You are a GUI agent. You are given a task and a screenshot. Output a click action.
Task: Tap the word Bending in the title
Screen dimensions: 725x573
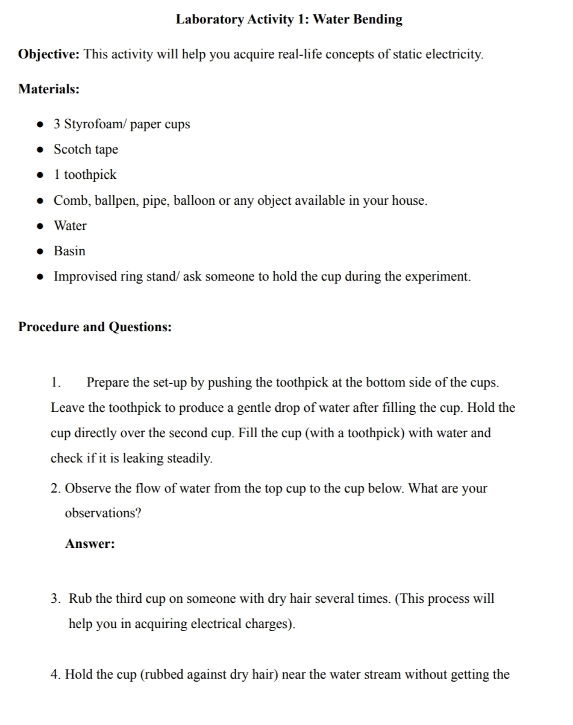click(378, 19)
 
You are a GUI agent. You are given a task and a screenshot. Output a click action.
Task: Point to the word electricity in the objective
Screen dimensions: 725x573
click(453, 55)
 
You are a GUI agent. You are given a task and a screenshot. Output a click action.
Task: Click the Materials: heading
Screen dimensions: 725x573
click(49, 89)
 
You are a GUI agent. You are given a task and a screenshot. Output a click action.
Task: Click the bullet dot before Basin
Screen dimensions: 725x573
click(40, 252)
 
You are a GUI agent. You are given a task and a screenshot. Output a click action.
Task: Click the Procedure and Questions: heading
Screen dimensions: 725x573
click(95, 327)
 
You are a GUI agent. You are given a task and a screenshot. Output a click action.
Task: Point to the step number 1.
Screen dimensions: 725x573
click(55, 382)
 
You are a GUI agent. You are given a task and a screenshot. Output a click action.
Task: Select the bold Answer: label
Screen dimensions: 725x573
click(90, 544)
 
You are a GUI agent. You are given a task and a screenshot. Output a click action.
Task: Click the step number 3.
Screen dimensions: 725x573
click(55, 599)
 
